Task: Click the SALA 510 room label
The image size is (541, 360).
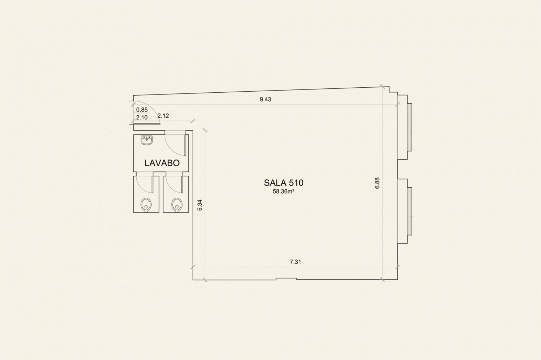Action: point(283,183)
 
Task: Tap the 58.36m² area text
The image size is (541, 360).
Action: point(283,192)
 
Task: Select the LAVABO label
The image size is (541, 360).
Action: point(162,163)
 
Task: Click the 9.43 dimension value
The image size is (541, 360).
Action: point(265,99)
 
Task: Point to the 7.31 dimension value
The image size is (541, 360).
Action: point(295,262)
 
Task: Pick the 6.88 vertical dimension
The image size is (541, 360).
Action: point(377,183)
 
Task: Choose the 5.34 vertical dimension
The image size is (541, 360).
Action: point(200,205)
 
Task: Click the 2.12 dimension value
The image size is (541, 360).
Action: point(163,116)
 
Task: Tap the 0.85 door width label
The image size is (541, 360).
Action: point(142,110)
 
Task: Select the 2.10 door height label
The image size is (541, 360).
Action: point(142,118)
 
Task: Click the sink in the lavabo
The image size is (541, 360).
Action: point(146,140)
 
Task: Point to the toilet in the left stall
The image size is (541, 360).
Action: point(146,205)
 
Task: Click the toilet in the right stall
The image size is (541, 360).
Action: point(177,205)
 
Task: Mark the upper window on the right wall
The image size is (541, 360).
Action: point(410,127)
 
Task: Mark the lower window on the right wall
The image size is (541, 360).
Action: point(410,211)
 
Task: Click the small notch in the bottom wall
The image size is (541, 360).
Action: point(286,278)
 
